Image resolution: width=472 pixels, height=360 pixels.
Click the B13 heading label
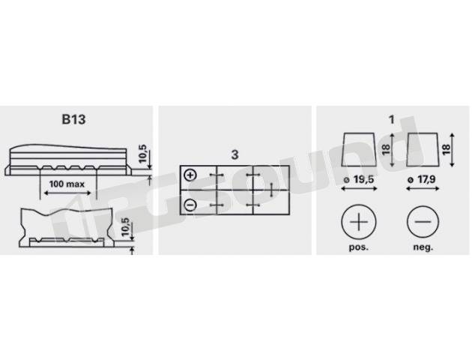pyautogui.click(x=73, y=119)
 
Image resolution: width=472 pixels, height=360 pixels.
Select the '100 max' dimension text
pyautogui.click(x=67, y=184)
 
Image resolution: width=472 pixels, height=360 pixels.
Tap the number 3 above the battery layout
pyautogui.click(x=235, y=154)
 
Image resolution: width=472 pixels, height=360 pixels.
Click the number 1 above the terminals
pyautogui.click(x=391, y=119)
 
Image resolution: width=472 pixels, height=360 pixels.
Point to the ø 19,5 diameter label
pyautogui.click(x=359, y=179)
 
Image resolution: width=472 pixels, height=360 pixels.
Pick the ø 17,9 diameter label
pyautogui.click(x=421, y=179)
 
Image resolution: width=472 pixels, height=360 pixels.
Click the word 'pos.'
pyautogui.click(x=359, y=247)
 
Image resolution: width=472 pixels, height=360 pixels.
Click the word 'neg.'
pyautogui.click(x=423, y=247)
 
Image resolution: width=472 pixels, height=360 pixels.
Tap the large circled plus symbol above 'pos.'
pyautogui.click(x=359, y=222)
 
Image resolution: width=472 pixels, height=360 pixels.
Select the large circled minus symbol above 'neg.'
pyautogui.click(x=423, y=222)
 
